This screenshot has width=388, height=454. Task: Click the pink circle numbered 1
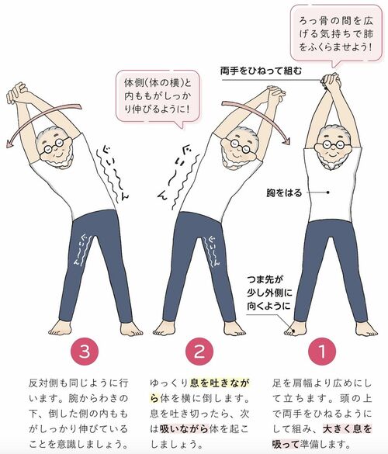click(x=322, y=352)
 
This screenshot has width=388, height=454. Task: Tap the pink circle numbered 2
click(x=199, y=352)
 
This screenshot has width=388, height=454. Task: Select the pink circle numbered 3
click(x=85, y=352)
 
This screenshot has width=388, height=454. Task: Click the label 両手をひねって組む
click(x=261, y=71)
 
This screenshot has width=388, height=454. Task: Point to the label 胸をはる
click(x=284, y=192)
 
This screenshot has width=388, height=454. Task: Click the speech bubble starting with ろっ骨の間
click(x=336, y=35)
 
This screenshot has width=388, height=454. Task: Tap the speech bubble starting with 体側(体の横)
click(x=158, y=96)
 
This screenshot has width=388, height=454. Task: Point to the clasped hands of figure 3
click(x=17, y=92)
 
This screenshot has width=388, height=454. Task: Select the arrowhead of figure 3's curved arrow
click(x=10, y=143)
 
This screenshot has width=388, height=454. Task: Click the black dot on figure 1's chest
click(x=327, y=192)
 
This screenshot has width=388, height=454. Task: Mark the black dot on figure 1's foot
click(x=293, y=330)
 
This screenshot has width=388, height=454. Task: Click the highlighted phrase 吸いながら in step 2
click(x=184, y=428)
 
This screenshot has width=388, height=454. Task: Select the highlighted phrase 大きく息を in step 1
click(x=347, y=428)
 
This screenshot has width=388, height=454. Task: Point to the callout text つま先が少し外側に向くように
click(x=269, y=293)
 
